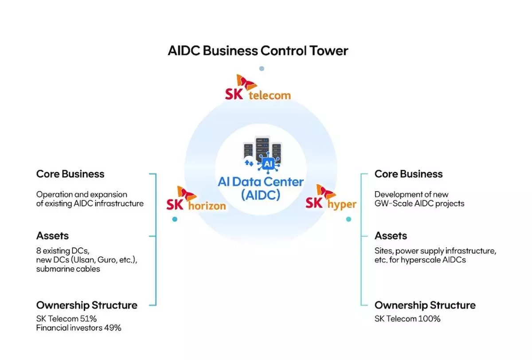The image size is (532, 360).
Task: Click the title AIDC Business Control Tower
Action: pyautogui.click(x=258, y=51)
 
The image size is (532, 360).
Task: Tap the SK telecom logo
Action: pyautogui.click(x=258, y=87)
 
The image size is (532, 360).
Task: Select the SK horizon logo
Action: pyautogui.click(x=196, y=199)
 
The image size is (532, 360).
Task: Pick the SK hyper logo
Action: pyautogui.click(x=331, y=198)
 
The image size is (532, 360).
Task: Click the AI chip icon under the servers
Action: pyautogui.click(x=268, y=164)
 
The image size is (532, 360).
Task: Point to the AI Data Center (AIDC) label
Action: pyautogui.click(x=261, y=188)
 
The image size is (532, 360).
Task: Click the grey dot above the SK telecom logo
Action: pyautogui.click(x=262, y=69)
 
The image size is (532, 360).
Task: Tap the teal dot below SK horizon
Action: pyautogui.click(x=175, y=219)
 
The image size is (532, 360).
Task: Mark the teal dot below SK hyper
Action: pyautogui.click(x=348, y=219)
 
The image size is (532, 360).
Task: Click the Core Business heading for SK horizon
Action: pyautogui.click(x=70, y=174)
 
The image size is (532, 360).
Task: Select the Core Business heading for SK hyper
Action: pyautogui.click(x=408, y=174)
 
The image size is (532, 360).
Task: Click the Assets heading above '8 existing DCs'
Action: pyautogui.click(x=52, y=236)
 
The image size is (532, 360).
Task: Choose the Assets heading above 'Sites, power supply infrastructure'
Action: pyautogui.click(x=391, y=236)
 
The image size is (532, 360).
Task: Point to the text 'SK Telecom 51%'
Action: pyautogui.click(x=66, y=319)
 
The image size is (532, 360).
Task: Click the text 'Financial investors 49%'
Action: pyautogui.click(x=78, y=328)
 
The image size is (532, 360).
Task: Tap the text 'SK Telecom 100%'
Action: pyautogui.click(x=407, y=319)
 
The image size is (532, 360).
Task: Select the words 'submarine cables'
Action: pyautogui.click(x=68, y=269)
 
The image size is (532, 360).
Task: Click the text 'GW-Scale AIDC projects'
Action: pyautogui.click(x=419, y=203)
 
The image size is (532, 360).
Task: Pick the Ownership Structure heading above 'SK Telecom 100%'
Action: pyautogui.click(x=425, y=305)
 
